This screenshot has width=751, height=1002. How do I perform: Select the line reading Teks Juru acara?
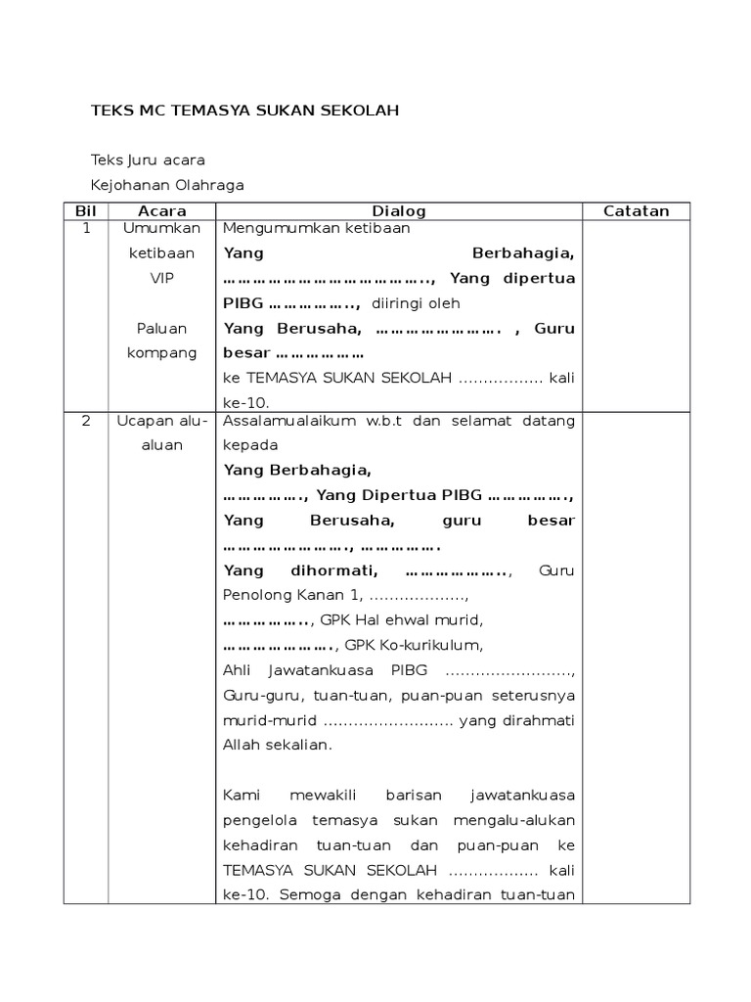148,159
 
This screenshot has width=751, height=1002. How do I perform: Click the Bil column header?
85,211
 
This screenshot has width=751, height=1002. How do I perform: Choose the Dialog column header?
398,211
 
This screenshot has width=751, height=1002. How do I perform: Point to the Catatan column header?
636,211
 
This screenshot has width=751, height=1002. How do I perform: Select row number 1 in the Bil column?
86,228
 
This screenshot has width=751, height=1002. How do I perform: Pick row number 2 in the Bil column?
86,421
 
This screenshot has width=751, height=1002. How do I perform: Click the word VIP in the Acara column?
161,278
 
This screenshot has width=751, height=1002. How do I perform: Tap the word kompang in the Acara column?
161,352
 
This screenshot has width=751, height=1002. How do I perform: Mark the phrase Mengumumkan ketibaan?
317,228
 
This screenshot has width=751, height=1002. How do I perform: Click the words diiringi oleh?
416,303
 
